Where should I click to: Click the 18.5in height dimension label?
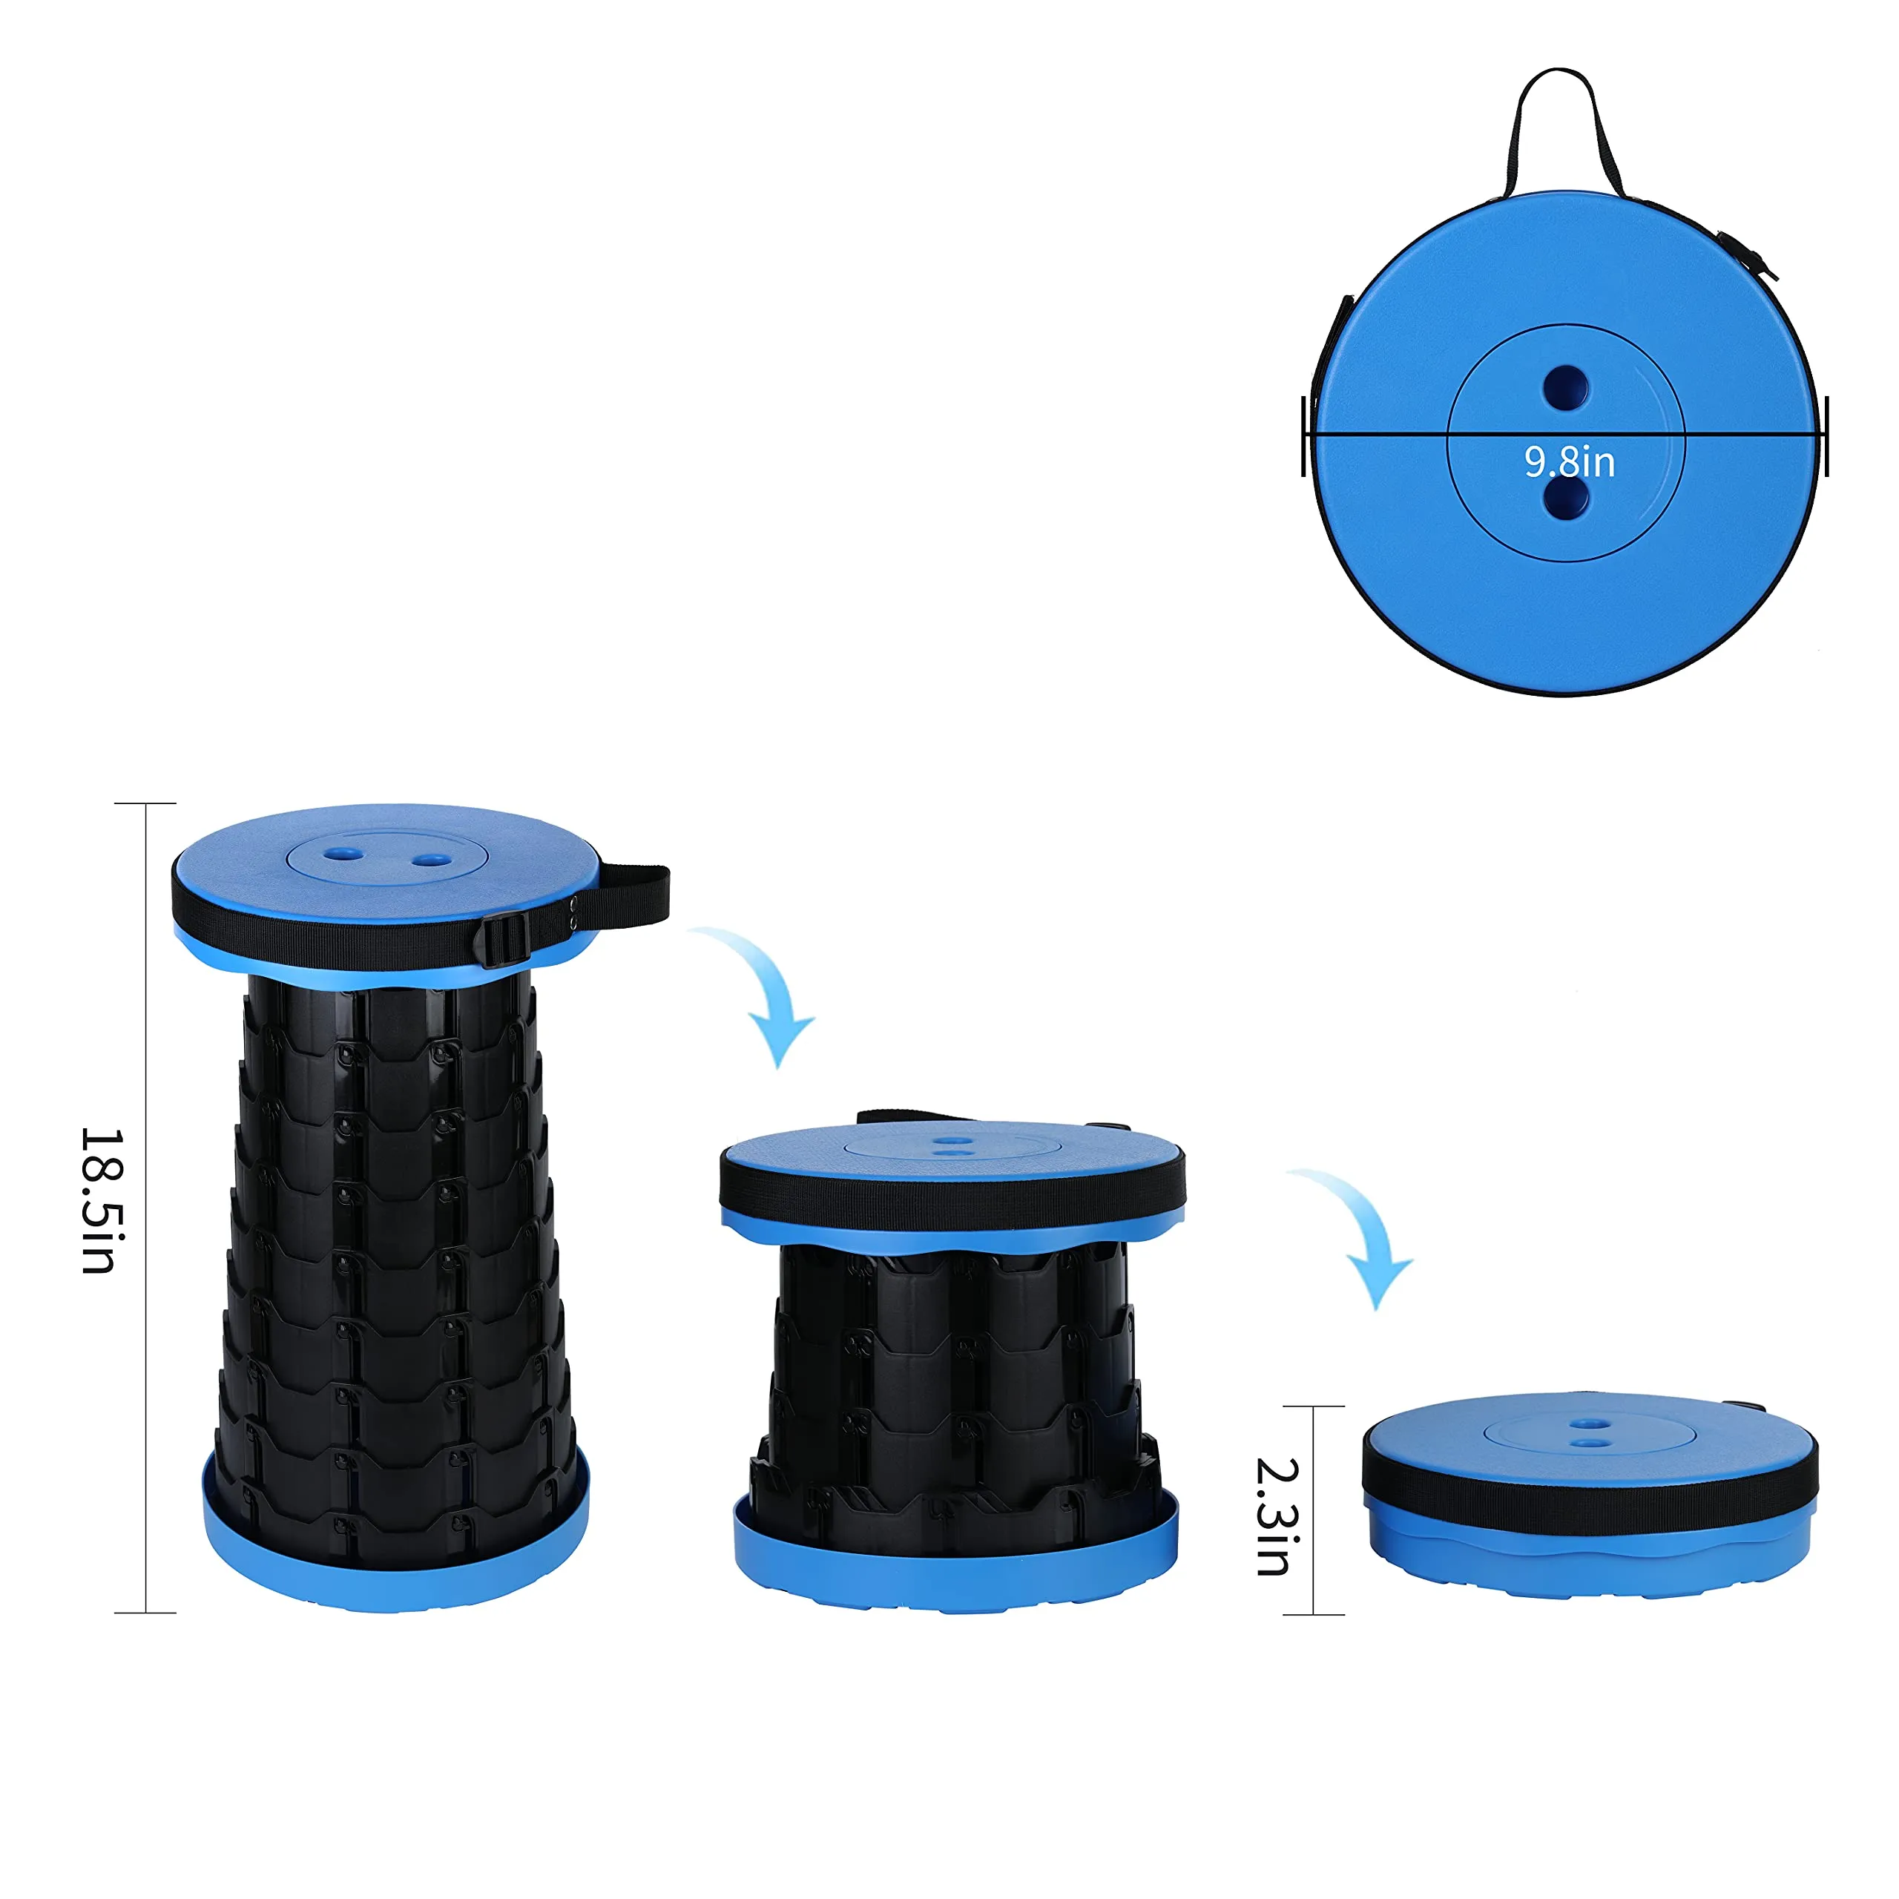[99, 1200]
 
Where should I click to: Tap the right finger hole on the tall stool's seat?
[430, 860]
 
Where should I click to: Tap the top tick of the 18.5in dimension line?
[145, 803]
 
